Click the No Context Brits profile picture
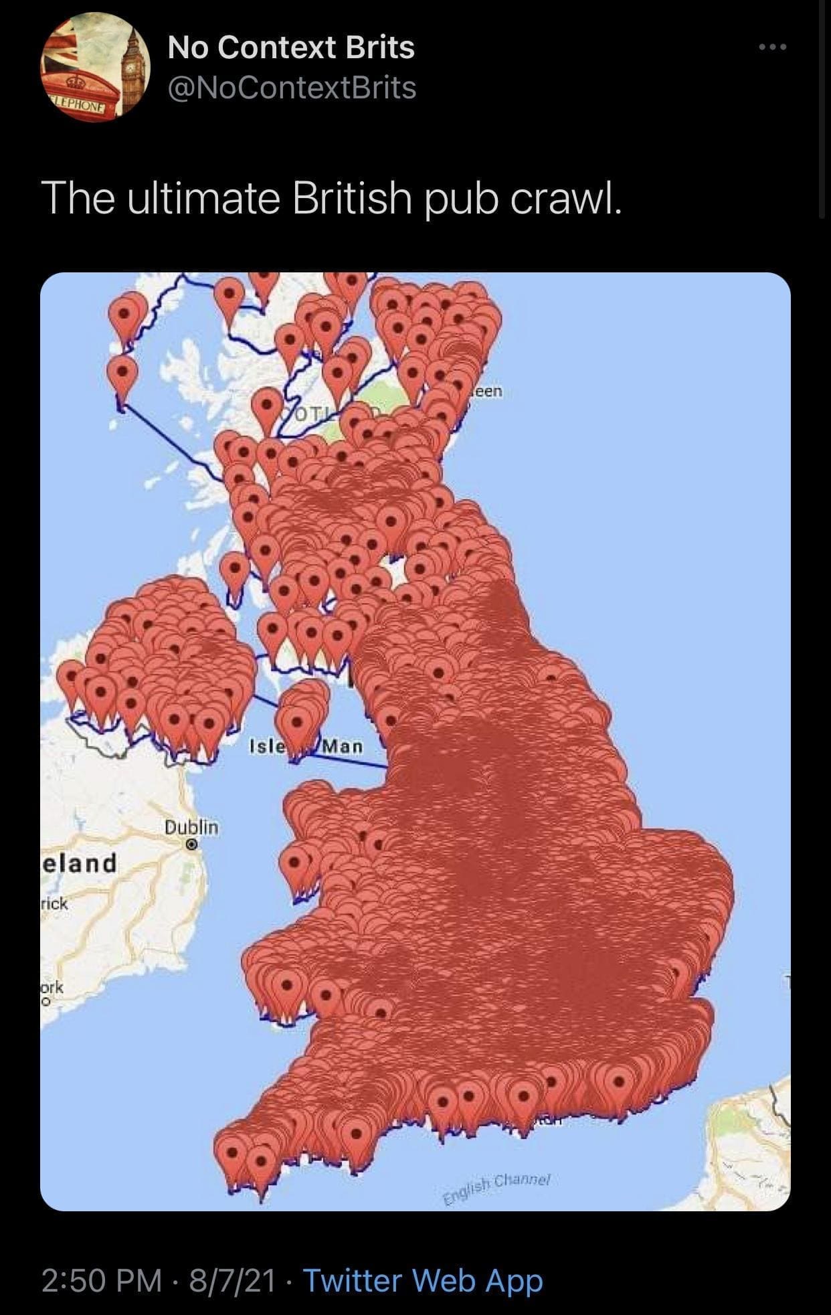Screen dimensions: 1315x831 coord(95,67)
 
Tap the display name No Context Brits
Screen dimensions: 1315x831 coord(291,48)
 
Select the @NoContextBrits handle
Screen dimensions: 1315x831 coord(292,88)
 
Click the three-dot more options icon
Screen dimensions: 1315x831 coord(773,48)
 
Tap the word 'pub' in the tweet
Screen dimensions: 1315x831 coord(462,199)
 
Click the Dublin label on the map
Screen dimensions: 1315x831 coord(191,827)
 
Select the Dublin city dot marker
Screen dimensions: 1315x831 coord(191,845)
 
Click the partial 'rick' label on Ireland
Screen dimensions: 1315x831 coord(54,903)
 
